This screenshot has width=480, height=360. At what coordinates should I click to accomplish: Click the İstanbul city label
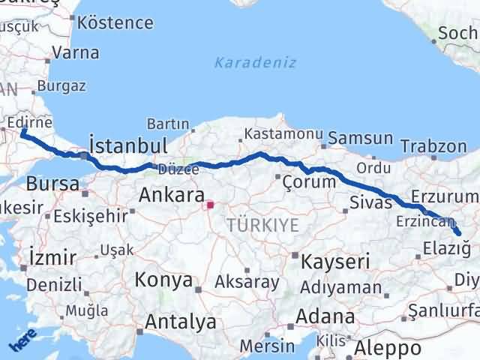(127, 144)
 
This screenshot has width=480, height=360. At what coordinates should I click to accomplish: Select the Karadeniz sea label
(255, 62)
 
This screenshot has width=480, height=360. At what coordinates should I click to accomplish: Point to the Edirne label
(28, 122)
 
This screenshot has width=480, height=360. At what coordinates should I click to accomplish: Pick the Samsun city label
(360, 138)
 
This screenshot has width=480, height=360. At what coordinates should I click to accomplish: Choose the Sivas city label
(370, 202)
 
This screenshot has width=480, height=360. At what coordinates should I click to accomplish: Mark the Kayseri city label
(335, 262)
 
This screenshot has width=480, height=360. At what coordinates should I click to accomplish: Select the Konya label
(163, 280)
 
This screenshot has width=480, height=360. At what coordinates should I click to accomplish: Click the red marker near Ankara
(211, 203)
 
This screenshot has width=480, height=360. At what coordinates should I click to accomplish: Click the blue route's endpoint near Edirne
(23, 133)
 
